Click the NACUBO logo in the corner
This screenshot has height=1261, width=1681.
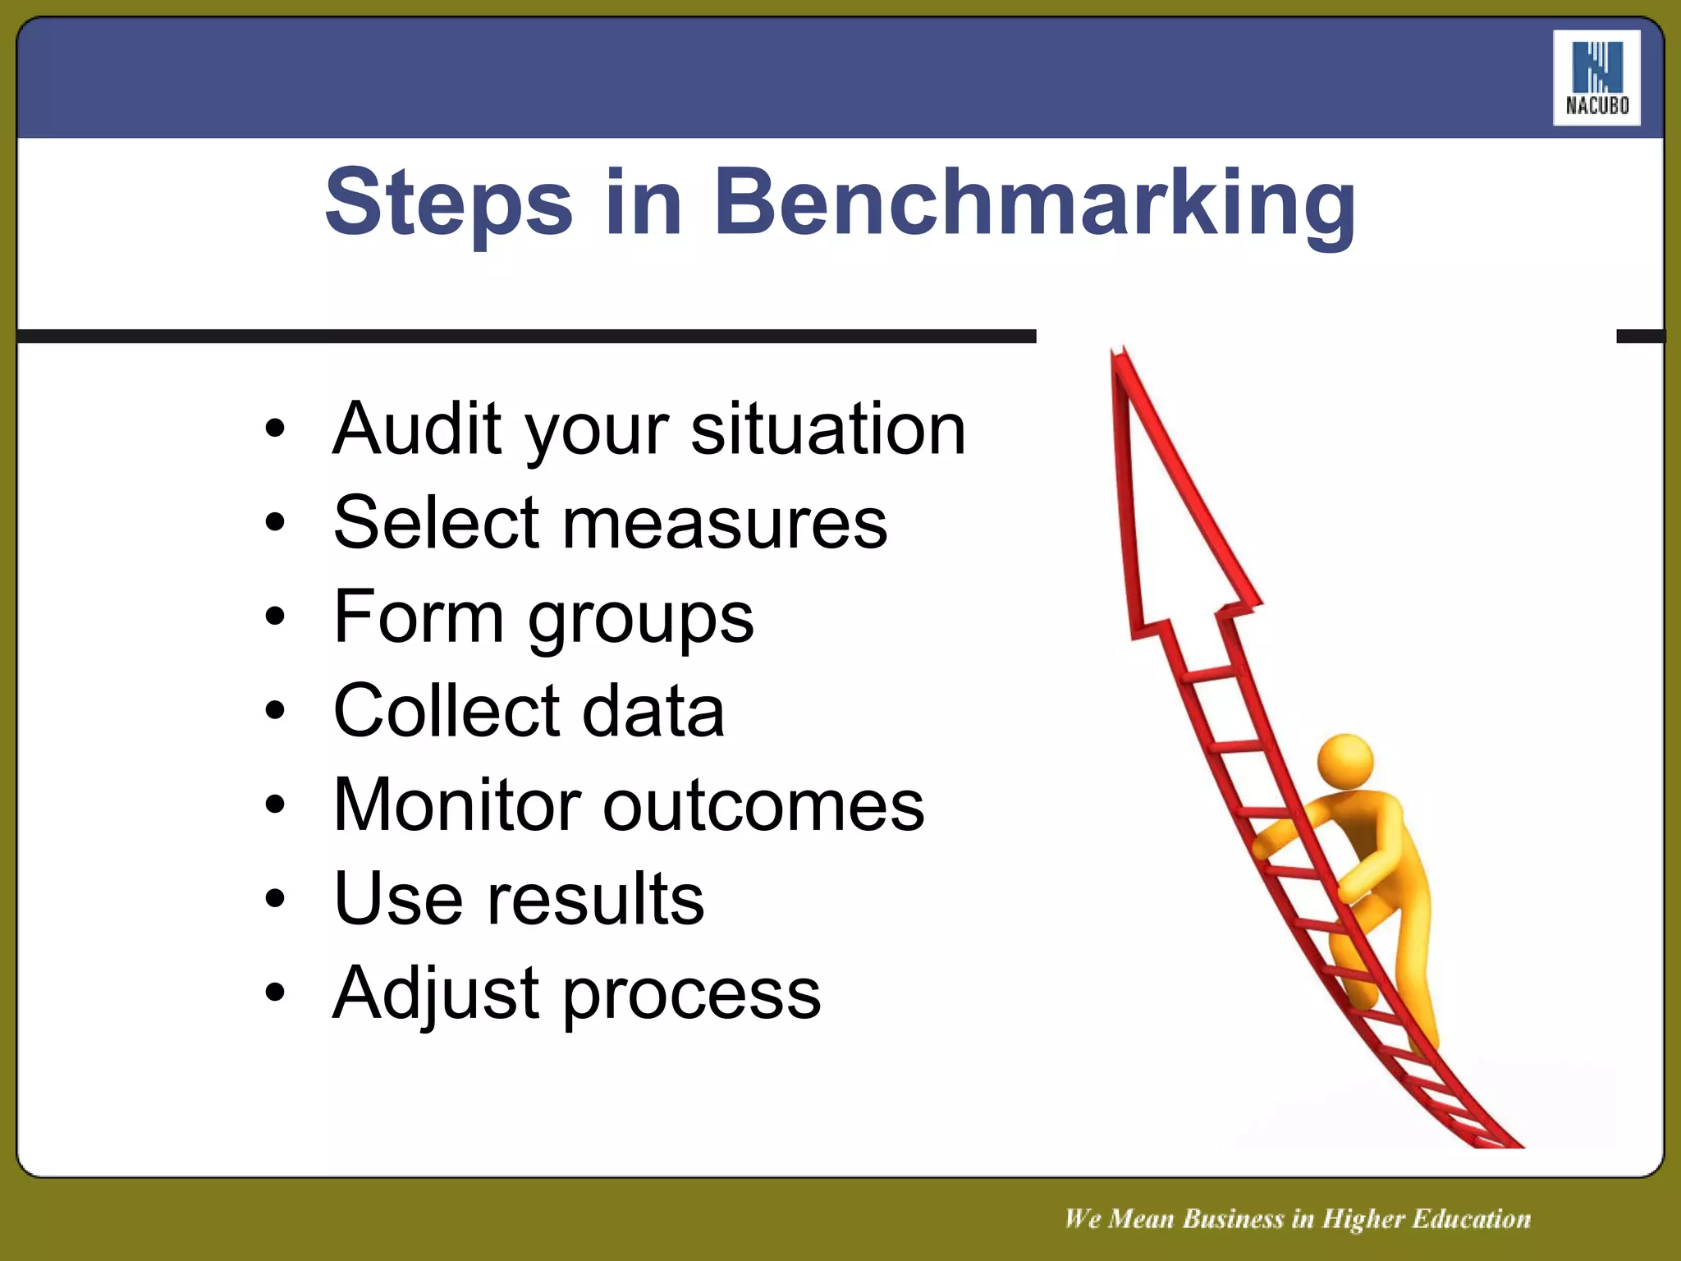[1596, 78]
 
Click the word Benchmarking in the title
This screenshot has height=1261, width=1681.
[1034, 204]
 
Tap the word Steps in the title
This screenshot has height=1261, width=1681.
[448, 204]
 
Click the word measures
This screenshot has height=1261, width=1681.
[724, 524]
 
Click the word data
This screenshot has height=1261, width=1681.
[653, 711]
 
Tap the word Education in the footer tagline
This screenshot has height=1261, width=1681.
[1471, 1218]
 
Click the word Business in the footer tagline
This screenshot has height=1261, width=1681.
[1233, 1218]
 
